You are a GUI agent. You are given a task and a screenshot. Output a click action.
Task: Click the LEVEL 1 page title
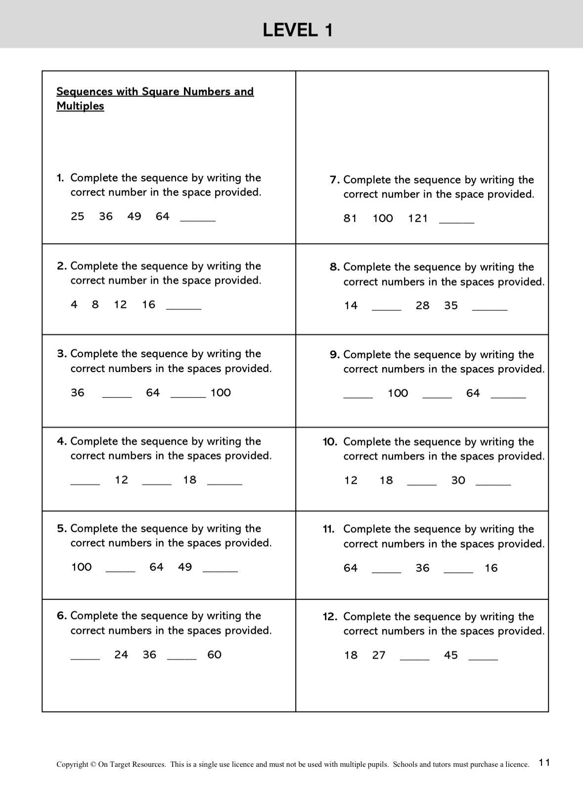point(298,31)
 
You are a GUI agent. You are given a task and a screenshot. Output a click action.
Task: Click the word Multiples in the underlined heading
point(80,106)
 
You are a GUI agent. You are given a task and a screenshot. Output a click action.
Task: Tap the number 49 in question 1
point(134,216)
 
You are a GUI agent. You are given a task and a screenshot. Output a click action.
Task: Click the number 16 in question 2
point(149,305)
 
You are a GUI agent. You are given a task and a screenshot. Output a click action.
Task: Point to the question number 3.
point(62,354)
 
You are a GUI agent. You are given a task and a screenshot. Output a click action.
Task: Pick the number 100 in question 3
point(221,393)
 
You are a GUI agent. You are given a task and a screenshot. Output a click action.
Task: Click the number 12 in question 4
point(121,480)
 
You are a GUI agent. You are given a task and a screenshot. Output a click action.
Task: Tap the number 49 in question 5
point(185,567)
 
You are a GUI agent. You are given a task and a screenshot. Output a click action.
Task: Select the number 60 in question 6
point(214,655)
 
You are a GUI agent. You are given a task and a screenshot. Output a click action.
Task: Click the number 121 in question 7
point(418,218)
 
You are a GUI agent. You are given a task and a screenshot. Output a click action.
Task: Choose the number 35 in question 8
point(451,306)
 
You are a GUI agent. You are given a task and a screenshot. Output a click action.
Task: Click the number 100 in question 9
point(398,393)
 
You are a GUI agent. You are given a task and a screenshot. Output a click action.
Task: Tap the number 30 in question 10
point(458,480)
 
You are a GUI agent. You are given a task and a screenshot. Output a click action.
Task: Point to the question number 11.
point(328,529)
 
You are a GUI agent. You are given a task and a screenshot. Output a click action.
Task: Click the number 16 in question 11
point(491,568)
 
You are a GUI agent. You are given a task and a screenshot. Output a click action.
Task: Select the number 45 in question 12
point(451,656)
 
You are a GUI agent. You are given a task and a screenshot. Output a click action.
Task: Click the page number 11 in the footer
point(544,762)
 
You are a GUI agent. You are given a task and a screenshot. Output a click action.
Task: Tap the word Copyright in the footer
point(72,764)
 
